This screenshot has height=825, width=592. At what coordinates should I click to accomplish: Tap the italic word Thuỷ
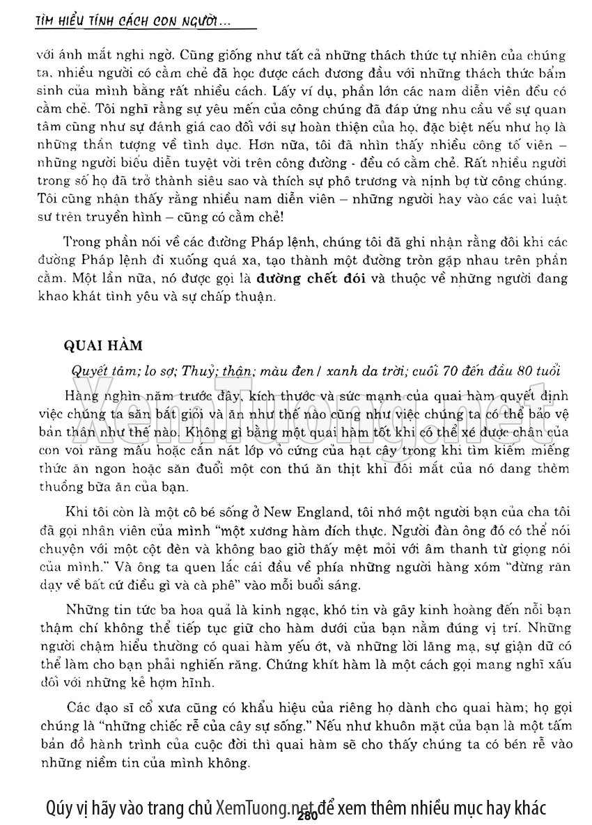[x=196, y=368]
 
